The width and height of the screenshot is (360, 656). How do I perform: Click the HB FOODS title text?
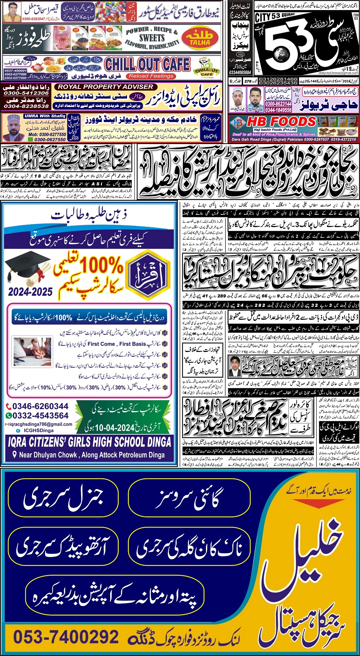(282, 122)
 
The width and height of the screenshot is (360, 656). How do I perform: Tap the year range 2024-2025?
(30, 292)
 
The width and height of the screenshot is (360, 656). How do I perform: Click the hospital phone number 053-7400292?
(66, 637)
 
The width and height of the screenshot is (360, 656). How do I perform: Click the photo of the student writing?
(32, 351)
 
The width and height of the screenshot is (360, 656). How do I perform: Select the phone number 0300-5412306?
(26, 93)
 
